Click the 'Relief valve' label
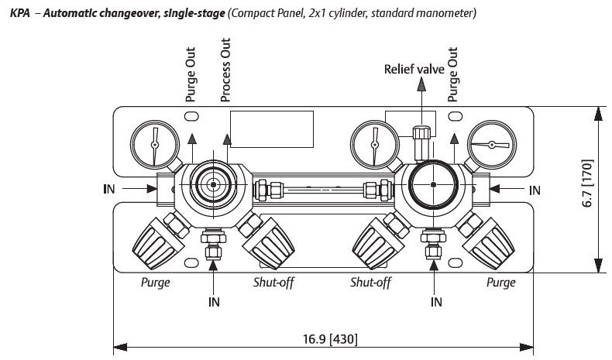[414, 70]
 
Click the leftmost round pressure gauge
[154, 145]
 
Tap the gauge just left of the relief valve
[375, 146]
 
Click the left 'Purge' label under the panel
[155, 283]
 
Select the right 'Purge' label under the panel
[500, 283]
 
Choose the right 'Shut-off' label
[371, 283]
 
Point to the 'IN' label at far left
[110, 187]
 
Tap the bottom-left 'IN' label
[214, 302]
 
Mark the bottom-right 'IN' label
[437, 302]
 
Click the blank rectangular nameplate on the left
[271, 129]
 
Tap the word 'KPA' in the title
[19, 14]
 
